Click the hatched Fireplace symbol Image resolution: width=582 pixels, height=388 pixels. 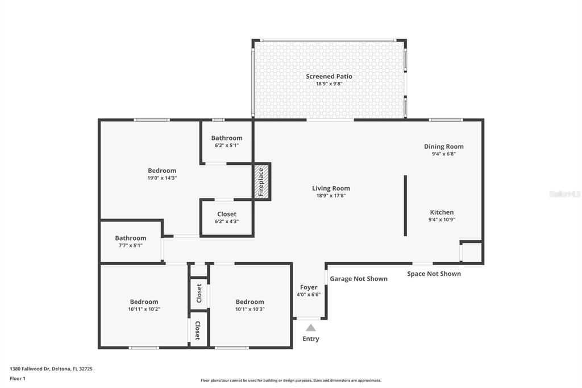[x=261, y=182]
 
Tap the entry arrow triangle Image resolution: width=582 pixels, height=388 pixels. [x=310, y=328]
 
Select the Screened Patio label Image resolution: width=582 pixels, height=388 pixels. [x=329, y=76]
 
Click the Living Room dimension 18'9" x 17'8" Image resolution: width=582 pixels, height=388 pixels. [x=331, y=196]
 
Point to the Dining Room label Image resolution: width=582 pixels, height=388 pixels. [x=443, y=146]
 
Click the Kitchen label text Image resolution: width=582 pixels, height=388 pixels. [x=442, y=212]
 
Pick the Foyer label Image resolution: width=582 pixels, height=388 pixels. [x=309, y=287]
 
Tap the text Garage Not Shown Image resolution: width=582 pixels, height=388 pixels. [x=359, y=279]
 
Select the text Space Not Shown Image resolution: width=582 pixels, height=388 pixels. [x=434, y=274]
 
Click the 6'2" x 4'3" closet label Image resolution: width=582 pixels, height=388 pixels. [x=227, y=221]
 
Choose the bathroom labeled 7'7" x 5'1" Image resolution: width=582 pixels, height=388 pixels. [x=131, y=245]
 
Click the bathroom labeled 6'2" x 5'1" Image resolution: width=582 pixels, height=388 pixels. [x=227, y=145]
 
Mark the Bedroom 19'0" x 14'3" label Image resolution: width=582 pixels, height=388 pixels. [x=162, y=178]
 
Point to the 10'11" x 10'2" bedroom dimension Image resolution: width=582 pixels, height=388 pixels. [x=144, y=309]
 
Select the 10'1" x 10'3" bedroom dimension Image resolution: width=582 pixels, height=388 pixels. [x=250, y=309]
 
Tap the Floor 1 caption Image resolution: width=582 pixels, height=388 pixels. [x=18, y=378]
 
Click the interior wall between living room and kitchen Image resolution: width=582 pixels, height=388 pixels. [x=405, y=205]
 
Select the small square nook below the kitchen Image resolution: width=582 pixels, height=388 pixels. [x=471, y=251]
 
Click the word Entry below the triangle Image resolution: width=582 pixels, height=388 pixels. [x=310, y=339]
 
